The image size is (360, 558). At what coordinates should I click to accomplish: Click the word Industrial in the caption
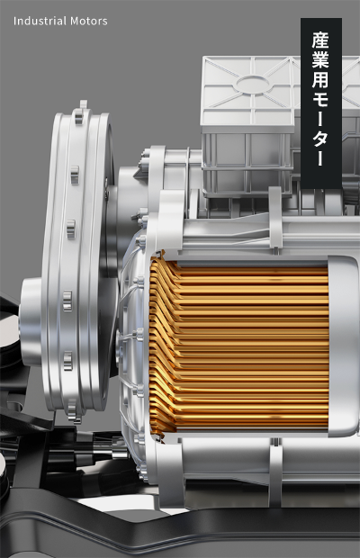pyautogui.click(x=40, y=21)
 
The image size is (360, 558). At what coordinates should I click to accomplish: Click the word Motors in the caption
pyautogui.click(x=89, y=21)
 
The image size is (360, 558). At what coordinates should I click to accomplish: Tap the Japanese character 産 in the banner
pyautogui.click(x=321, y=40)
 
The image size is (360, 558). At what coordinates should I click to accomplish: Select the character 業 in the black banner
pyautogui.click(x=321, y=59)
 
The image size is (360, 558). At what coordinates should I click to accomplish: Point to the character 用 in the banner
pyautogui.click(x=321, y=79)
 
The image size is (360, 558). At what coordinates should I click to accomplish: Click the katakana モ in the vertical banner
pyautogui.click(x=321, y=99)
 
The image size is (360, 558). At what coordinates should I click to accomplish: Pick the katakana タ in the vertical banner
pyautogui.click(x=321, y=138)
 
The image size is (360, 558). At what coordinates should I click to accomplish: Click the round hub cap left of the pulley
pyautogui.click(x=31, y=322)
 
